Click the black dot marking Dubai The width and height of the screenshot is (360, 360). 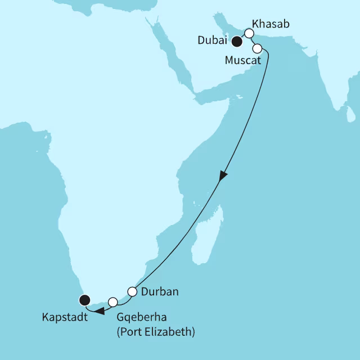(x=237, y=42)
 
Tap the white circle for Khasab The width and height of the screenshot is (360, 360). (x=249, y=33)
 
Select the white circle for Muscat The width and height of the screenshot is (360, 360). (x=257, y=48)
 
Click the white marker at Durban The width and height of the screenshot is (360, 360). (x=132, y=291)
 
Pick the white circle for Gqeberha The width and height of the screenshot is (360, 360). (x=113, y=301)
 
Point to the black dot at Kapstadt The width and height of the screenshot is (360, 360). (x=84, y=299)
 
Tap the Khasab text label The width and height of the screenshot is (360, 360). (x=272, y=24)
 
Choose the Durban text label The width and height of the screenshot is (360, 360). (x=160, y=292)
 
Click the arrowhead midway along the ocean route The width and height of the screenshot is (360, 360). (x=223, y=175)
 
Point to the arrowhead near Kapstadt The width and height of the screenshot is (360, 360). (x=98, y=310)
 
